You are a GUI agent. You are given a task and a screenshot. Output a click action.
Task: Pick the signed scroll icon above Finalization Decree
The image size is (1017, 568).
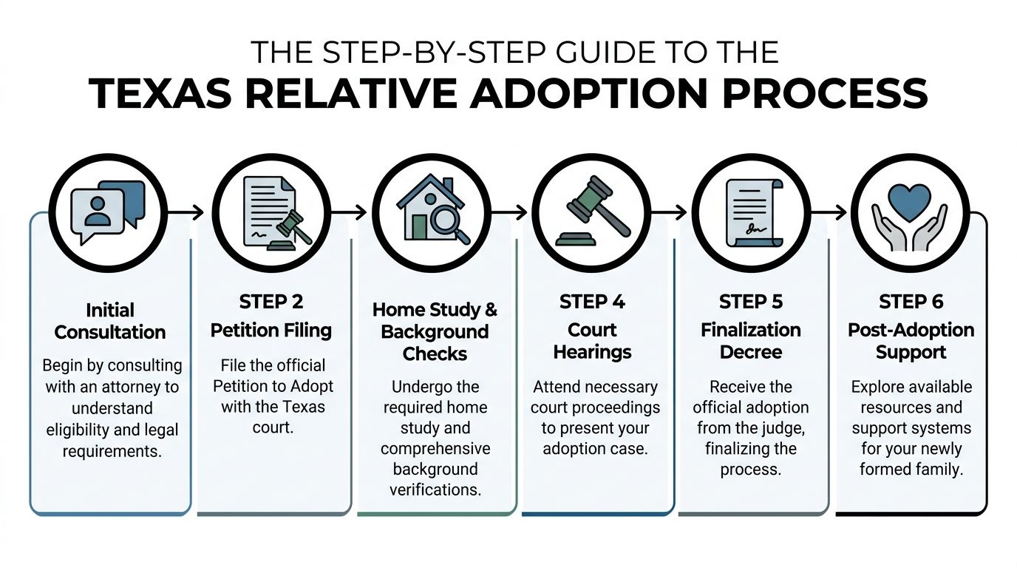[x=750, y=212]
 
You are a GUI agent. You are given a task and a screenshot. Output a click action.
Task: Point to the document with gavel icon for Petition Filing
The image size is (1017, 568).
[x=272, y=212]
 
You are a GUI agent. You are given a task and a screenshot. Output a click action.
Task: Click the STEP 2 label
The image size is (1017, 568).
[x=271, y=302]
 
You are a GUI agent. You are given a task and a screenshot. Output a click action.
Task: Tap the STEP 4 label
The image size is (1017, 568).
[x=592, y=302]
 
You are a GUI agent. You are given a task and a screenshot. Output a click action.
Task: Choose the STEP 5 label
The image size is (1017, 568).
[x=751, y=302]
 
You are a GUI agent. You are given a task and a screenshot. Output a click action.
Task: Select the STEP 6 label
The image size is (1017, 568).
[x=911, y=302]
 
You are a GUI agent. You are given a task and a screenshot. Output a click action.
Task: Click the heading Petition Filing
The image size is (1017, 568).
[x=271, y=331]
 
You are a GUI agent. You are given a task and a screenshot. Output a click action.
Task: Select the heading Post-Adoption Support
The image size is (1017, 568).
[x=911, y=341]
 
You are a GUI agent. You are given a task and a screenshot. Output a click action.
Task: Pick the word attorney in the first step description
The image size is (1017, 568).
[x=137, y=387]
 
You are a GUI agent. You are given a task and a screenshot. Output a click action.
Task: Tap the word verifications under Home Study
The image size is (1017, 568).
[x=435, y=489]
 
